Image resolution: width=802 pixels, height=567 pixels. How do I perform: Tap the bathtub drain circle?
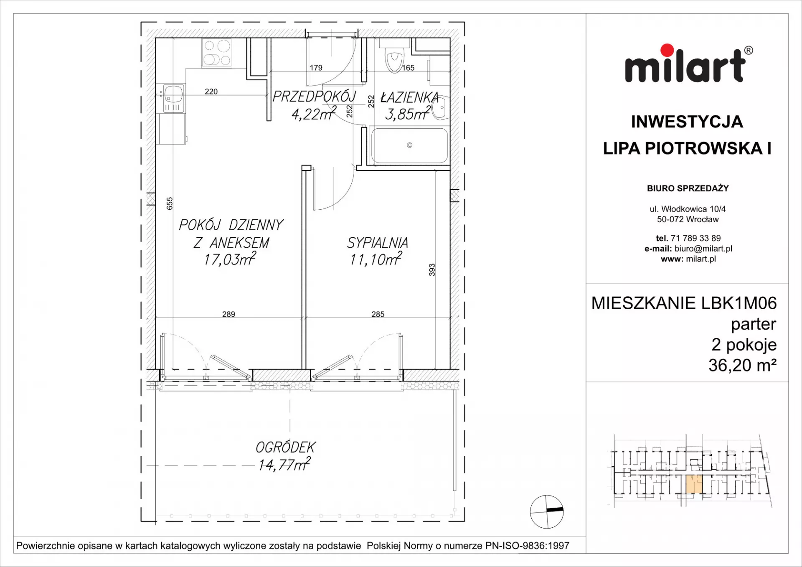(410, 145)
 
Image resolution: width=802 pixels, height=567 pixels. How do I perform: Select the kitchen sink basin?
(173, 94)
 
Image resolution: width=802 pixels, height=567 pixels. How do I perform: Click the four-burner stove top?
(217, 52)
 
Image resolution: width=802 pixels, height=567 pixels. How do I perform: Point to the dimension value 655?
(169, 203)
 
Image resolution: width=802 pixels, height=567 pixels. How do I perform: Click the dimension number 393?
(432, 270)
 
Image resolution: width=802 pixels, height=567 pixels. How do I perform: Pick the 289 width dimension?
(228, 314)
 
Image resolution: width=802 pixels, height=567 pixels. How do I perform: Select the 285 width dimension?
(378, 314)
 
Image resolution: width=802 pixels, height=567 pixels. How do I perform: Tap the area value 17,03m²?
(230, 259)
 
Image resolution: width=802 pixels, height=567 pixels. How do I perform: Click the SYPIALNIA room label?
(378, 242)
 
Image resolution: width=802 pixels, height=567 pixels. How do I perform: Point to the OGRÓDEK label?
(286, 447)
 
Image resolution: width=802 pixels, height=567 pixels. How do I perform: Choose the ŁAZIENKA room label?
(409, 97)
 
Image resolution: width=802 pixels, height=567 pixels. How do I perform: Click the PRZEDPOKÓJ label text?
(314, 96)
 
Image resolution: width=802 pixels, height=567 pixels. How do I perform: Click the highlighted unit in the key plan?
(694, 484)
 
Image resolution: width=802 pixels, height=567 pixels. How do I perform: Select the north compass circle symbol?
(547, 511)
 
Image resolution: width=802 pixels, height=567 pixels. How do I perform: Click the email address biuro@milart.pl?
(703, 249)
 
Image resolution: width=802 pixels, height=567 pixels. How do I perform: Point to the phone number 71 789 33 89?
(695, 238)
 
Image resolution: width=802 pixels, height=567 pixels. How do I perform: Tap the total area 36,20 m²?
(742, 365)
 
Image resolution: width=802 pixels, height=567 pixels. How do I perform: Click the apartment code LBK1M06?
(739, 303)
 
